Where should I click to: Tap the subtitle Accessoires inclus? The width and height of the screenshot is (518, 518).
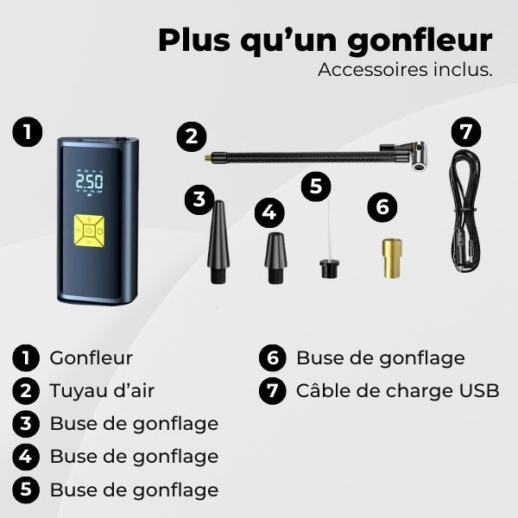[x=405, y=70]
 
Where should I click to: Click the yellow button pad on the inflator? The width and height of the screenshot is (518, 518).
[x=89, y=230]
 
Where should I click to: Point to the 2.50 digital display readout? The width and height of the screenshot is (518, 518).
[x=89, y=183]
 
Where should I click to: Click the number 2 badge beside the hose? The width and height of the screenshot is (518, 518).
[x=191, y=136]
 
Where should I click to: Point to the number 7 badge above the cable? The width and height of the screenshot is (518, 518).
[x=466, y=132]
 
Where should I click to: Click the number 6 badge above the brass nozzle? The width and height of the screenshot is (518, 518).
[x=382, y=207]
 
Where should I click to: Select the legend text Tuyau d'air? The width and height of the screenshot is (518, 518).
[x=102, y=390]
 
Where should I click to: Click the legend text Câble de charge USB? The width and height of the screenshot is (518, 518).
[x=397, y=390]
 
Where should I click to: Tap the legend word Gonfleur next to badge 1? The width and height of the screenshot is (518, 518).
[x=92, y=357]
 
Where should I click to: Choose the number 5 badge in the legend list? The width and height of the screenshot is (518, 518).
[x=27, y=490]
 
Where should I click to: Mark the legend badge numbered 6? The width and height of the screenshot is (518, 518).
[x=273, y=358]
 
